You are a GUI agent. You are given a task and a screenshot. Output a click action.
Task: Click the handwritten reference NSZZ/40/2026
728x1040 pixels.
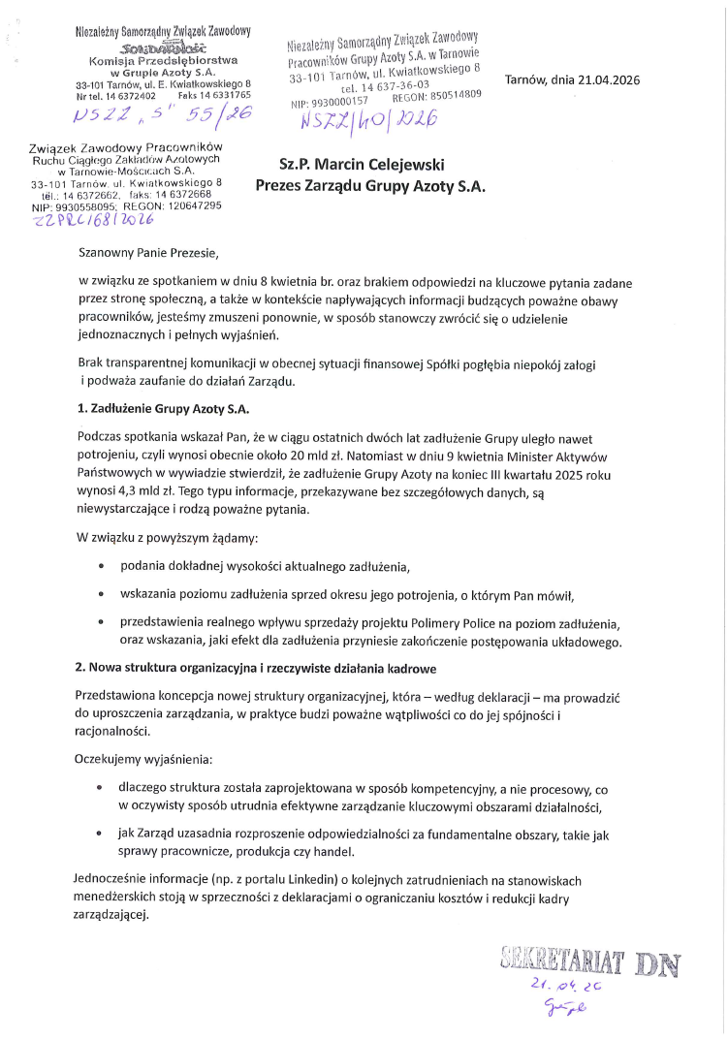[369, 120]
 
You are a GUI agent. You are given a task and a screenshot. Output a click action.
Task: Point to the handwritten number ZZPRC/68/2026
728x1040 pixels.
[93, 220]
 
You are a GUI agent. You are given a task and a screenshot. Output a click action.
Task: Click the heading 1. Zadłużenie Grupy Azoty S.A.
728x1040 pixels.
[156, 408]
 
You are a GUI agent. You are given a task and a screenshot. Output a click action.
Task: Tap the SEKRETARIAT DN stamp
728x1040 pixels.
[591, 964]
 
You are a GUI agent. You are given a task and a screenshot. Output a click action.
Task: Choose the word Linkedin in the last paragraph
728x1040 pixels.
[323, 880]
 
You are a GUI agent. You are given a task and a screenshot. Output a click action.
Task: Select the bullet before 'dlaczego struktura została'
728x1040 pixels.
[101, 790]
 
